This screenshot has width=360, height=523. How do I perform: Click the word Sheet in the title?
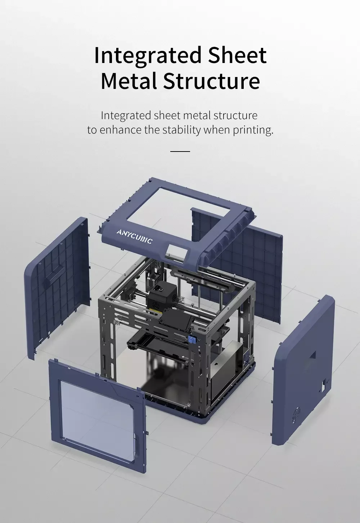(237, 55)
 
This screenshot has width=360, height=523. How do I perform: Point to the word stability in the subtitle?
(181, 130)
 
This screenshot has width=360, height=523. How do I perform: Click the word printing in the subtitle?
(253, 130)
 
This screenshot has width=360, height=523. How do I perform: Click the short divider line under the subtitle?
(180, 151)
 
